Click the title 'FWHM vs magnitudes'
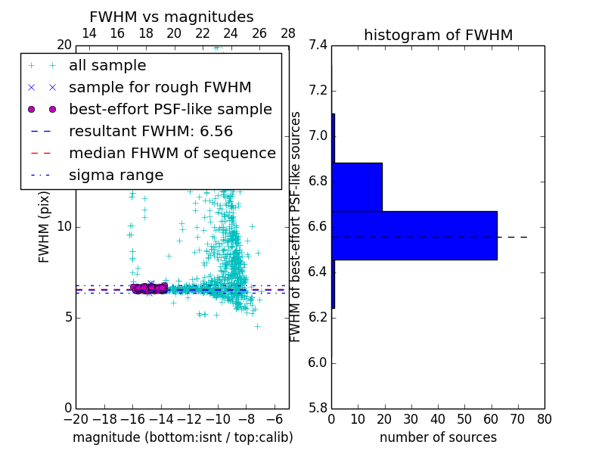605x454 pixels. [x=172, y=17]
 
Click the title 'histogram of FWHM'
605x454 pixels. [x=438, y=35]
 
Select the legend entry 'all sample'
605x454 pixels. [x=107, y=66]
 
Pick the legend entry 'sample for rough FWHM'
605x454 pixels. [x=160, y=88]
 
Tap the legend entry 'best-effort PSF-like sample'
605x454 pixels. [x=170, y=109]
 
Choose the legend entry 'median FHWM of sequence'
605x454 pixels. [x=172, y=153]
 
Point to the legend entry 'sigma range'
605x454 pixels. [x=116, y=176]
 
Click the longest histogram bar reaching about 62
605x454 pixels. [x=414, y=235]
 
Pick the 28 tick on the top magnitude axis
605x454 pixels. [x=288, y=33]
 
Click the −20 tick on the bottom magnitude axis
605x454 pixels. [x=76, y=420]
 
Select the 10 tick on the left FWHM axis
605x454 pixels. [x=64, y=226]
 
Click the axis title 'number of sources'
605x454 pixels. [x=438, y=437]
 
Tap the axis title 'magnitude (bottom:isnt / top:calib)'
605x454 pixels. [x=182, y=437]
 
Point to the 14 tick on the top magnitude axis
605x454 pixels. [x=88, y=33]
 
